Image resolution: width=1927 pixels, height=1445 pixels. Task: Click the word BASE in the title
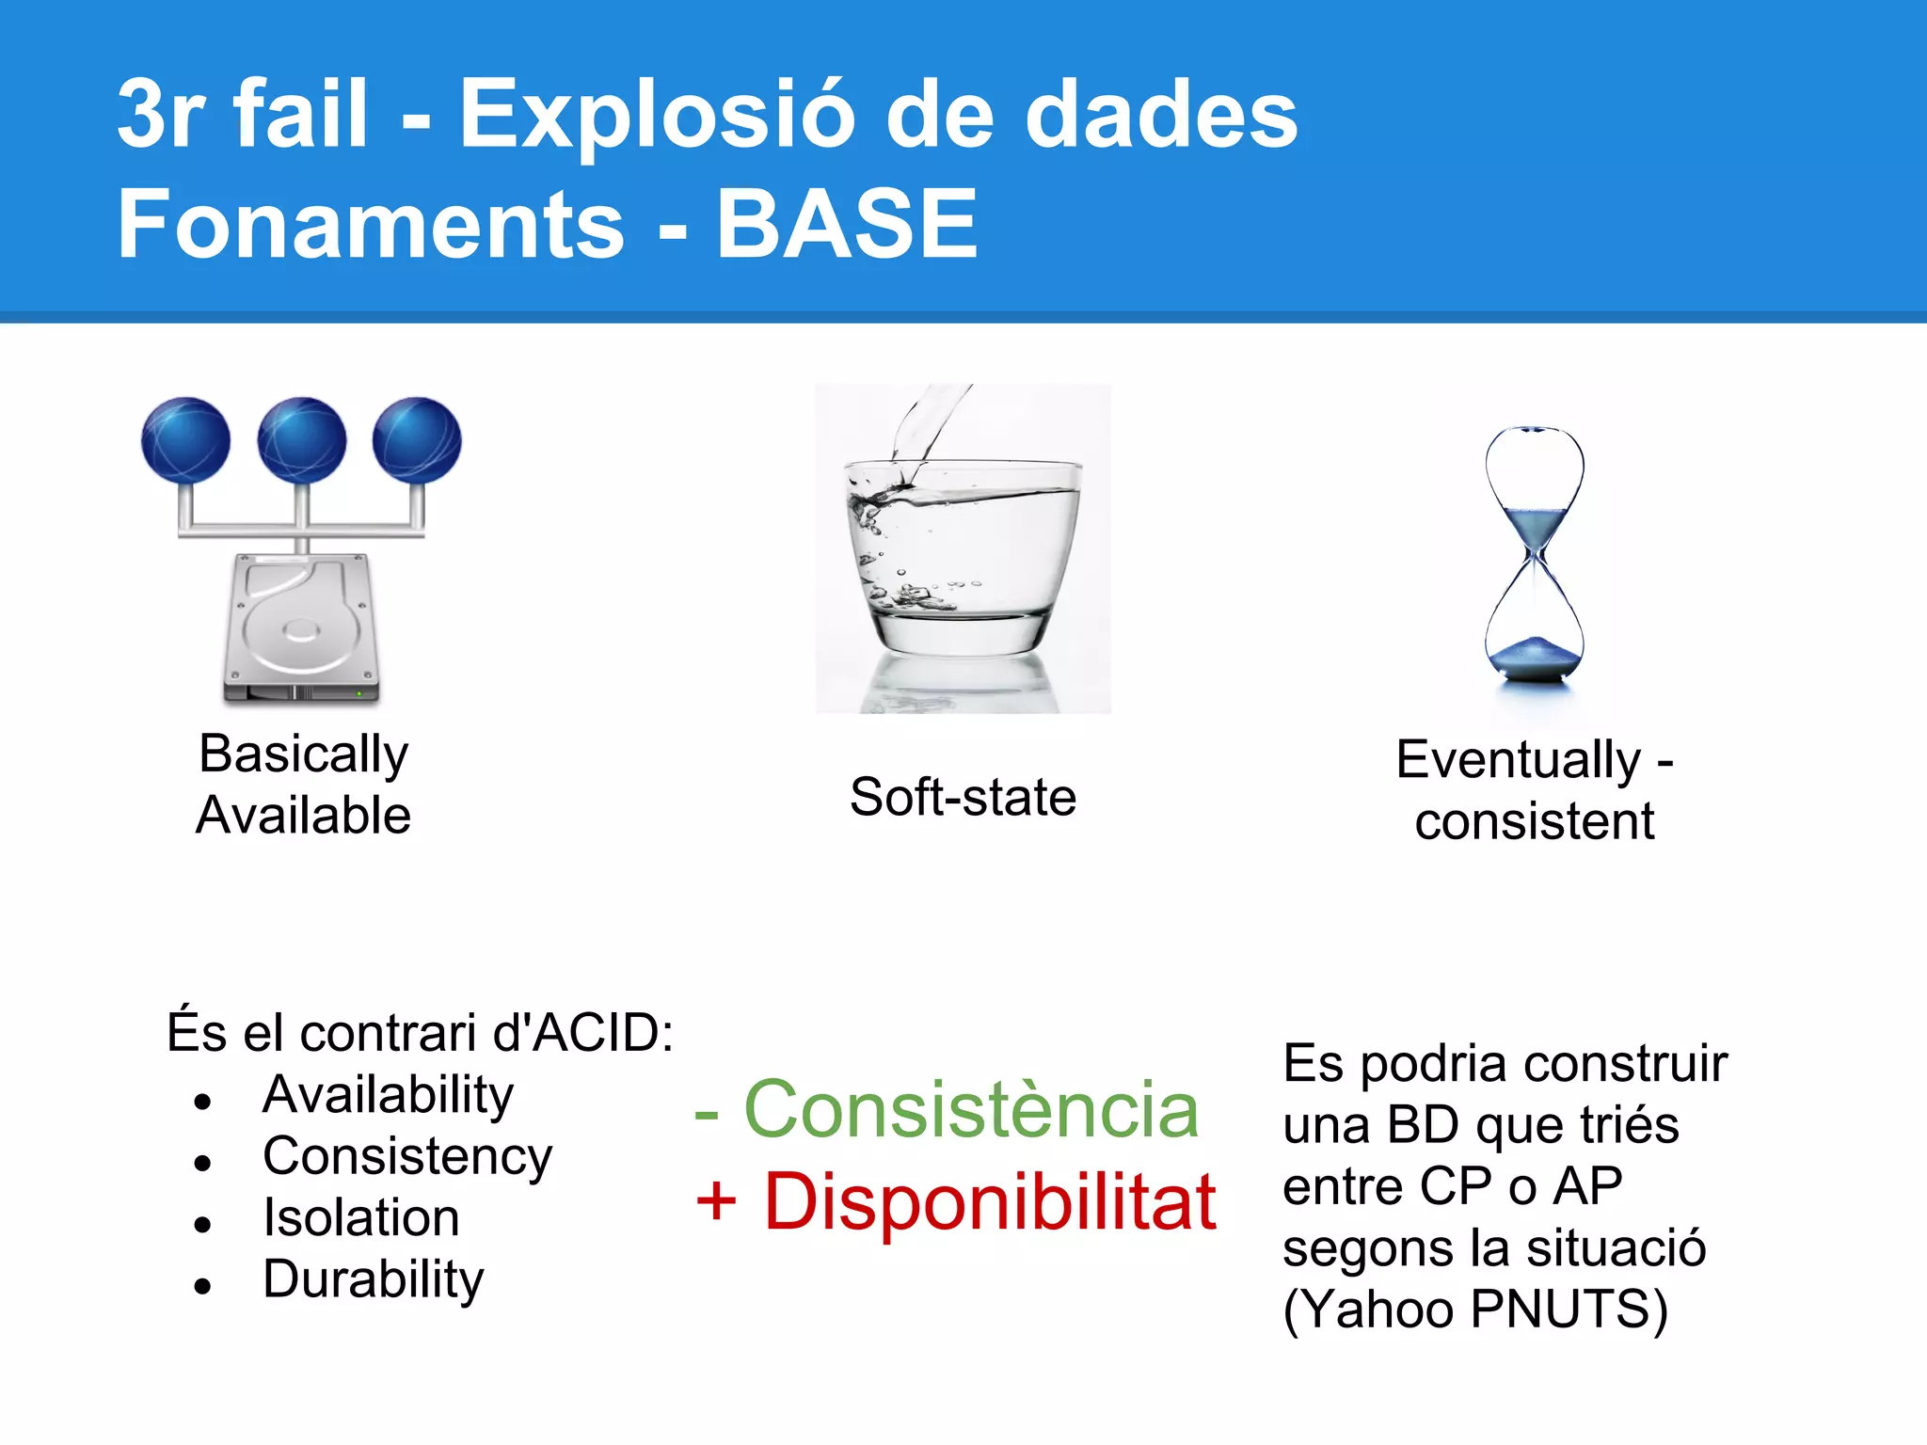coord(847,224)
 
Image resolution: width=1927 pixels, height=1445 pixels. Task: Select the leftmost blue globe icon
coord(185,440)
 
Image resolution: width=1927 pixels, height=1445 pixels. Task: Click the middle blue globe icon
coord(301,440)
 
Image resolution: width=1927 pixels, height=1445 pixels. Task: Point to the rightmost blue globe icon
coord(417,440)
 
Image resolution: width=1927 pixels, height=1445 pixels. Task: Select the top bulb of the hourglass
coord(1534,480)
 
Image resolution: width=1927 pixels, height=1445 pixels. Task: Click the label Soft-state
coord(962,797)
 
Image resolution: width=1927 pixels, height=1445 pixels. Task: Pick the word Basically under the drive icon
coord(303,754)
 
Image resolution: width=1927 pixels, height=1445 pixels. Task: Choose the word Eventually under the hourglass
coord(1518,759)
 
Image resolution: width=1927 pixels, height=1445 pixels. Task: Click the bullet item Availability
coord(388,1095)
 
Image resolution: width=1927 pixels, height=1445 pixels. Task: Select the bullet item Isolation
coord(361,1217)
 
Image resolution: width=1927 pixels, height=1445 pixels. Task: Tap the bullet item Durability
coord(373,1279)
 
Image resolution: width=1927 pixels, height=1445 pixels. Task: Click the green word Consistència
coord(970,1110)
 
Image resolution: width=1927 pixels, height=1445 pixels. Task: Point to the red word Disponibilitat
coord(989,1202)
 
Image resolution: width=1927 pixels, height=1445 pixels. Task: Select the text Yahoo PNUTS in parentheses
coord(1475,1309)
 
